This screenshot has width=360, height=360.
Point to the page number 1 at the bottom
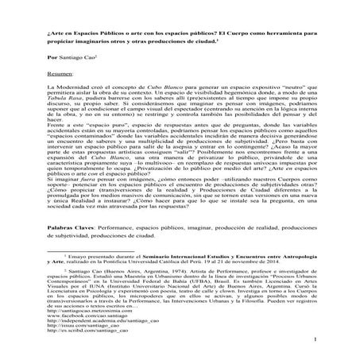pyautogui.click(x=315, y=343)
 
